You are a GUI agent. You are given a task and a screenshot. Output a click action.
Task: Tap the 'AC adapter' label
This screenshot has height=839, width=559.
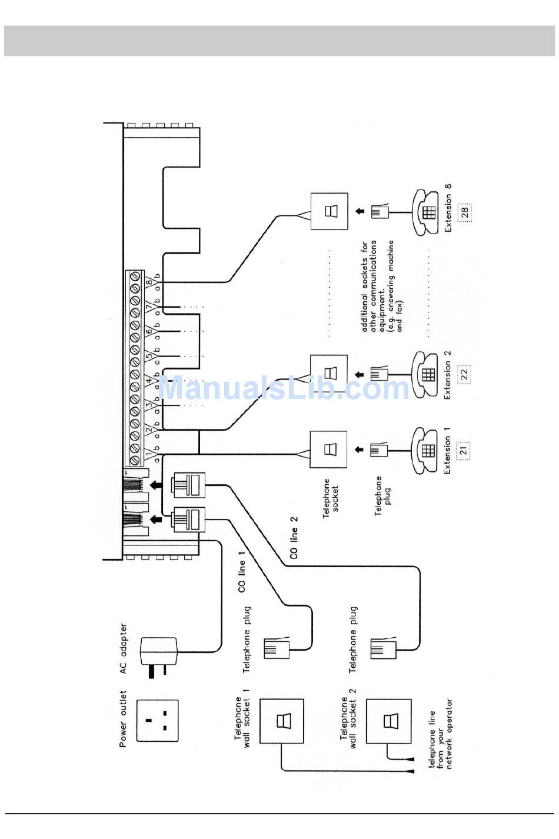[x=123, y=649]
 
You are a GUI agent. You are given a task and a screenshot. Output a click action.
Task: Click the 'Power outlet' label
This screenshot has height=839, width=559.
[x=123, y=719]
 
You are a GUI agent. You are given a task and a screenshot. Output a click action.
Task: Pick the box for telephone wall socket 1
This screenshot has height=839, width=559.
[x=282, y=721]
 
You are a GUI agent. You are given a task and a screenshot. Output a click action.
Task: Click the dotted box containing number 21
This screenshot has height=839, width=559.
[x=464, y=451]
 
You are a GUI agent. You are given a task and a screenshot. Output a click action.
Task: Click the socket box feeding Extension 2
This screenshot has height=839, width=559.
[x=329, y=373]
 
